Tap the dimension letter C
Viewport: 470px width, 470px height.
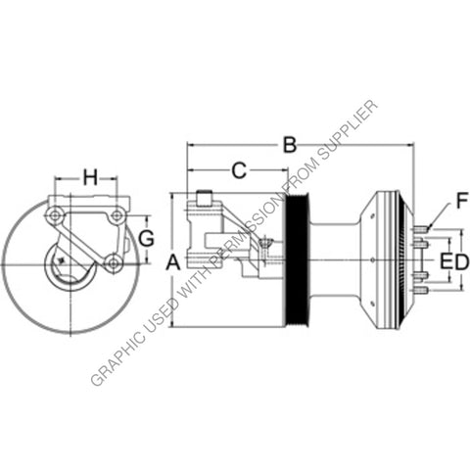pos(238,170)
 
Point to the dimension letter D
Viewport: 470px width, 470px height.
pos(461,261)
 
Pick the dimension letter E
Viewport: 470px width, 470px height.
pos(446,261)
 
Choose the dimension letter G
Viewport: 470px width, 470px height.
pos(146,239)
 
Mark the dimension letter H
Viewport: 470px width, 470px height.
pos(90,177)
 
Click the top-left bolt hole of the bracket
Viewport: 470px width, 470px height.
pos(55,214)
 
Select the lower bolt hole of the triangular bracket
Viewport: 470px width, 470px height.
pos(114,261)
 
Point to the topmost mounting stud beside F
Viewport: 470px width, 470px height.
pos(420,232)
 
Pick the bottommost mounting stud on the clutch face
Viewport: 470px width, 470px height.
pos(420,291)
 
